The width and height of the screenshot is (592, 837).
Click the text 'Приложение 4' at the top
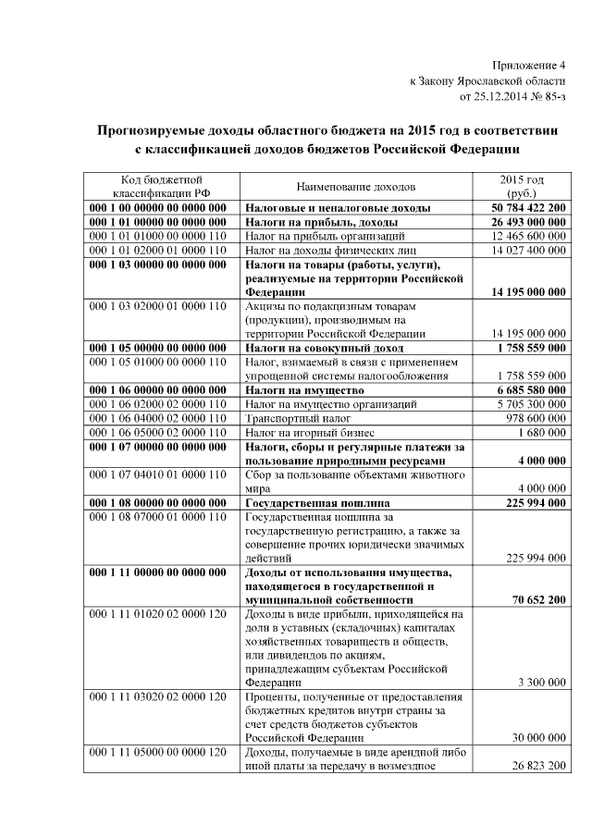tap(528, 65)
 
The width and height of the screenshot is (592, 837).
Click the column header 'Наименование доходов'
tap(356, 186)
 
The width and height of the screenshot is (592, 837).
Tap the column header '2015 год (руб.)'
tap(522, 186)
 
